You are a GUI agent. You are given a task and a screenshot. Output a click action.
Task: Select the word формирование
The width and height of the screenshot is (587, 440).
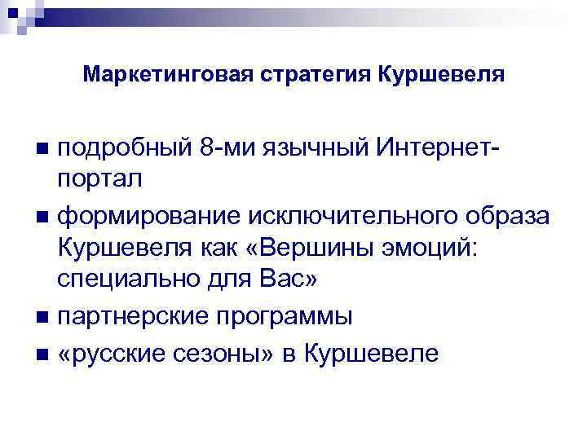tap(146, 214)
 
